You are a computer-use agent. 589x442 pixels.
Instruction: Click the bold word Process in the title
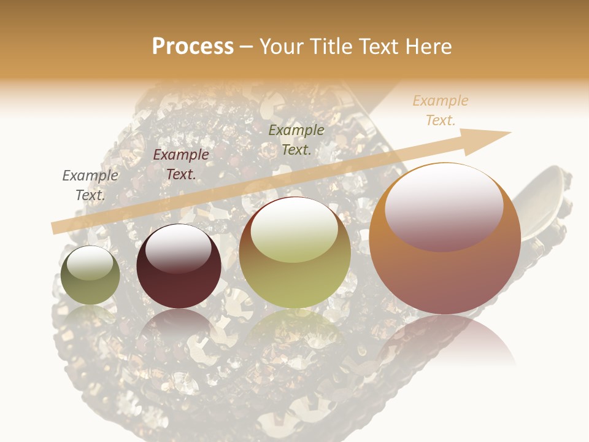coord(193,47)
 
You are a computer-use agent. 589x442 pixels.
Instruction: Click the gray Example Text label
coord(90,185)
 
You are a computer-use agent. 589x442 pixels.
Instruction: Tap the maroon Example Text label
coord(181,165)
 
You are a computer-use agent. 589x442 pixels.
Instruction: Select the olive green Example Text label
coord(296,139)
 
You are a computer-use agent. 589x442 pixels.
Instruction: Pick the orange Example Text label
coord(441,110)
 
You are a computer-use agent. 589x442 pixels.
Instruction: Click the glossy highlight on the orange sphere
coord(444,206)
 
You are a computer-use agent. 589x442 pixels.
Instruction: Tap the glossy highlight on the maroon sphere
coord(178,247)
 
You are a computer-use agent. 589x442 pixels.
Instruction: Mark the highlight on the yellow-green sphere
coord(294,229)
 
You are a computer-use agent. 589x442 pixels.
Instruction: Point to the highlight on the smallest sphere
coord(90,263)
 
